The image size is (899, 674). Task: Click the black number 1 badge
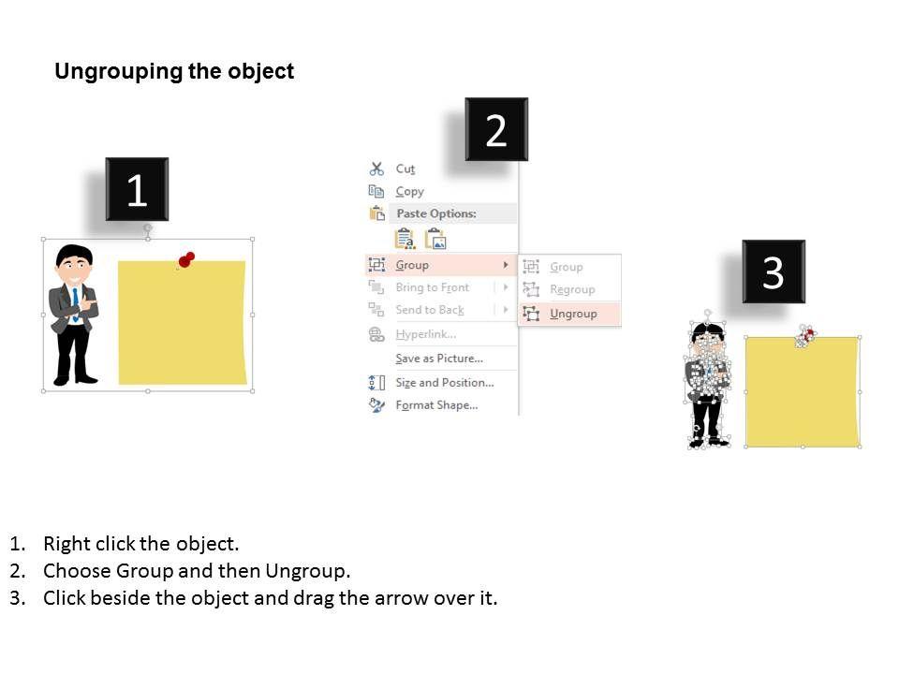pos(137,189)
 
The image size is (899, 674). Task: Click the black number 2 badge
pos(496,129)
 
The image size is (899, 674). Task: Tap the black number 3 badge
pos(774,271)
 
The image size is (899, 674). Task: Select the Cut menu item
pos(405,169)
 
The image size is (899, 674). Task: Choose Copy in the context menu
pos(409,191)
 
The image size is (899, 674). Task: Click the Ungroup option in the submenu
pos(573,315)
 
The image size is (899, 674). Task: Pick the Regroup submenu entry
pos(572,290)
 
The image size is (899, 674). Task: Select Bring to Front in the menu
pos(433,287)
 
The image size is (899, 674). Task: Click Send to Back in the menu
pos(430,310)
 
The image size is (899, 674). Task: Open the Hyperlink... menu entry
pos(425,334)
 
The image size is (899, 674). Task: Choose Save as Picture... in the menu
pos(439,359)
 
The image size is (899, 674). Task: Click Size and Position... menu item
pos(444,383)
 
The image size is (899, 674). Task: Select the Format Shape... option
pos(436,405)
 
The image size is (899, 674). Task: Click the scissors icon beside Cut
pos(376,168)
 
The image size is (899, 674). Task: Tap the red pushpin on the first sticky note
pos(186,259)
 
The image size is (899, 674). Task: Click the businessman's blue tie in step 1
pos(75,303)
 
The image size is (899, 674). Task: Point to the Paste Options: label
pos(436,213)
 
